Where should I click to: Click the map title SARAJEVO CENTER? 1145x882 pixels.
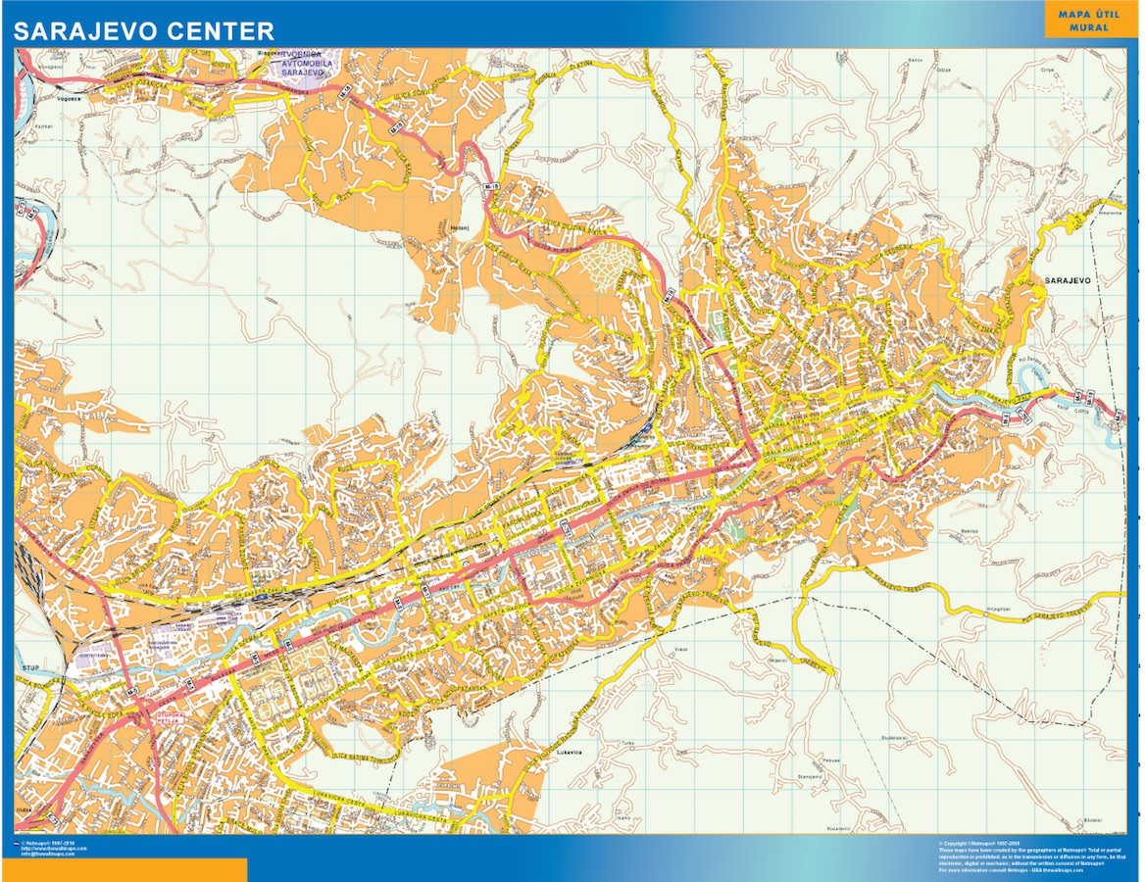click(x=143, y=30)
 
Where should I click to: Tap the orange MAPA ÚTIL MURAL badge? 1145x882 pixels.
click(x=1090, y=21)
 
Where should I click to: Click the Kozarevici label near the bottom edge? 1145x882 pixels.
click(x=836, y=829)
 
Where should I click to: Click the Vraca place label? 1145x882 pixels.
click(x=681, y=649)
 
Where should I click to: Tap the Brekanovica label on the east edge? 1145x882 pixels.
click(x=1110, y=211)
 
